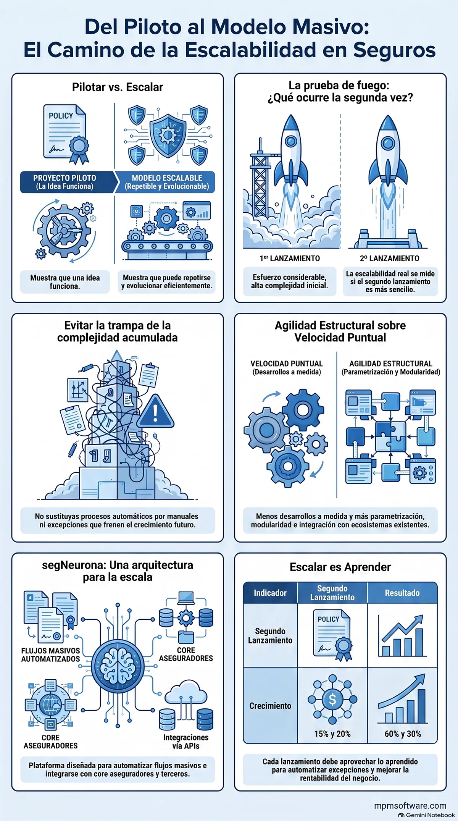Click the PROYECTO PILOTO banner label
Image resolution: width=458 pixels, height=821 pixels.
tap(65, 182)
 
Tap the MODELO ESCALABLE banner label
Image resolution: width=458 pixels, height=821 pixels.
tap(167, 182)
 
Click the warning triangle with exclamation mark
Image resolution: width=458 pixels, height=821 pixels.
tap(155, 411)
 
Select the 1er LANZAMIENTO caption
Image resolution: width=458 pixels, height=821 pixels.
tap(290, 258)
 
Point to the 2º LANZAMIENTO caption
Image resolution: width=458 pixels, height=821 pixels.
tap(389, 259)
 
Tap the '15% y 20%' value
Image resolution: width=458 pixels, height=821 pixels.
tap(332, 734)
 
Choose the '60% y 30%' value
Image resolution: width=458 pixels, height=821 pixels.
tap(403, 734)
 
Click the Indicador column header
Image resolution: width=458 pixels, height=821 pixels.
tap(270, 593)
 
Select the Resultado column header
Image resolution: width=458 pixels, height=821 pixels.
tap(402, 593)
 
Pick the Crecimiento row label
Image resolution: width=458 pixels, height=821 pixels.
tap(270, 706)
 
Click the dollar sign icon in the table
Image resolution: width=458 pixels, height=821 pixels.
tap(332, 700)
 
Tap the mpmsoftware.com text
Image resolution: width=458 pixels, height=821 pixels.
tap(410, 805)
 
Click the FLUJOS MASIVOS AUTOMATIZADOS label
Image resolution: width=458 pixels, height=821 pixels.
tap(51, 655)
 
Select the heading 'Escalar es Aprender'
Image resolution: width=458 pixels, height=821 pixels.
tap(340, 567)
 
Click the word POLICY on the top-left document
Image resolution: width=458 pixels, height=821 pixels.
tap(61, 116)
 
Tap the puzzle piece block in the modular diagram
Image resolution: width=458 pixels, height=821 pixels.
tap(390, 436)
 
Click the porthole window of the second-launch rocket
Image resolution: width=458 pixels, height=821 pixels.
tap(389, 144)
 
